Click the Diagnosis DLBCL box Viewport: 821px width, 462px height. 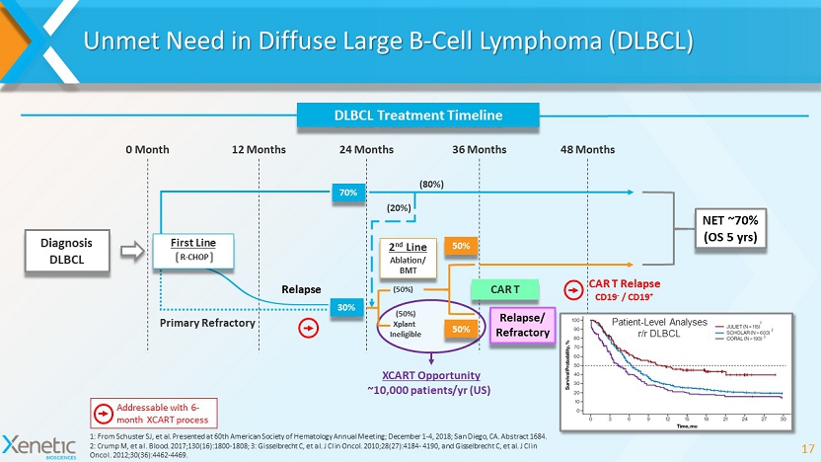(x=67, y=251)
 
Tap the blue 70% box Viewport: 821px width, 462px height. (x=347, y=192)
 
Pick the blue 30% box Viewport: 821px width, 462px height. (x=347, y=308)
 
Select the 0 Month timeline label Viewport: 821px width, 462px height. (x=148, y=150)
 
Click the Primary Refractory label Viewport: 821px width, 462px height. (x=206, y=322)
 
